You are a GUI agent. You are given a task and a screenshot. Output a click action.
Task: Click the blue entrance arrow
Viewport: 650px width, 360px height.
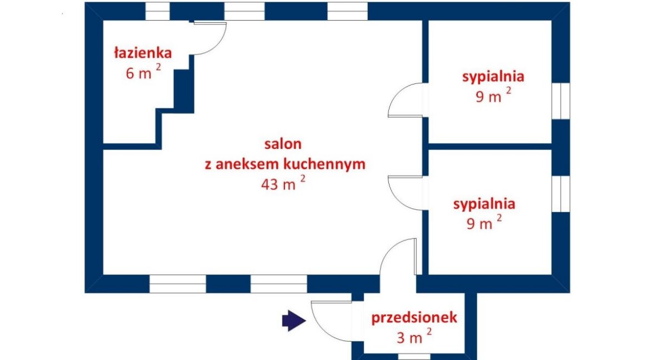294,321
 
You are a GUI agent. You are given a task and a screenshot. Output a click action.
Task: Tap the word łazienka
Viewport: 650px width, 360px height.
143,53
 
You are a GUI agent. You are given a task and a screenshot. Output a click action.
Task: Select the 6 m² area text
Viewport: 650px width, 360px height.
143,72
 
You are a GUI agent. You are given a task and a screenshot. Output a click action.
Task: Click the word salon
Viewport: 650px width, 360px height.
283,144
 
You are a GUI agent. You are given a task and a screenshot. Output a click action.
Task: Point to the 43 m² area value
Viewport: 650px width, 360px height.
283,183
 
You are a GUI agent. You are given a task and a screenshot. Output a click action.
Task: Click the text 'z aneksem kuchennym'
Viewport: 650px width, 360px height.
285,164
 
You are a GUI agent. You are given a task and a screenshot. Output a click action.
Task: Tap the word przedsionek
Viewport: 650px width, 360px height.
414,318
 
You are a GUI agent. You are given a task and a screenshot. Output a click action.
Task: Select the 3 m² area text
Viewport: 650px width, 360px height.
414,336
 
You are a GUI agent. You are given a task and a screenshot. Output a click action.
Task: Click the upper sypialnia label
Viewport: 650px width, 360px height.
493,77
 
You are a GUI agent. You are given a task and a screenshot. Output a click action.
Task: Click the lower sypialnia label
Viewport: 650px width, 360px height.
484,204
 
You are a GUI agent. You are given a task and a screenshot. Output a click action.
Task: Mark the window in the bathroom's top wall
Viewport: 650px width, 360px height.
158,11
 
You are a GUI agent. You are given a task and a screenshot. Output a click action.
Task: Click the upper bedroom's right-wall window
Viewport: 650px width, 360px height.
561,101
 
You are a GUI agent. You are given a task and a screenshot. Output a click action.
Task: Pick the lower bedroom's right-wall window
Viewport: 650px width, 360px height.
561,194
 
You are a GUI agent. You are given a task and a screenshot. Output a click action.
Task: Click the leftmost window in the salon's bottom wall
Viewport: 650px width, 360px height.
177,284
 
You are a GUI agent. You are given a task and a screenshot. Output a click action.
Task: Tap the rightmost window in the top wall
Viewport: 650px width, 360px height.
347,11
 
